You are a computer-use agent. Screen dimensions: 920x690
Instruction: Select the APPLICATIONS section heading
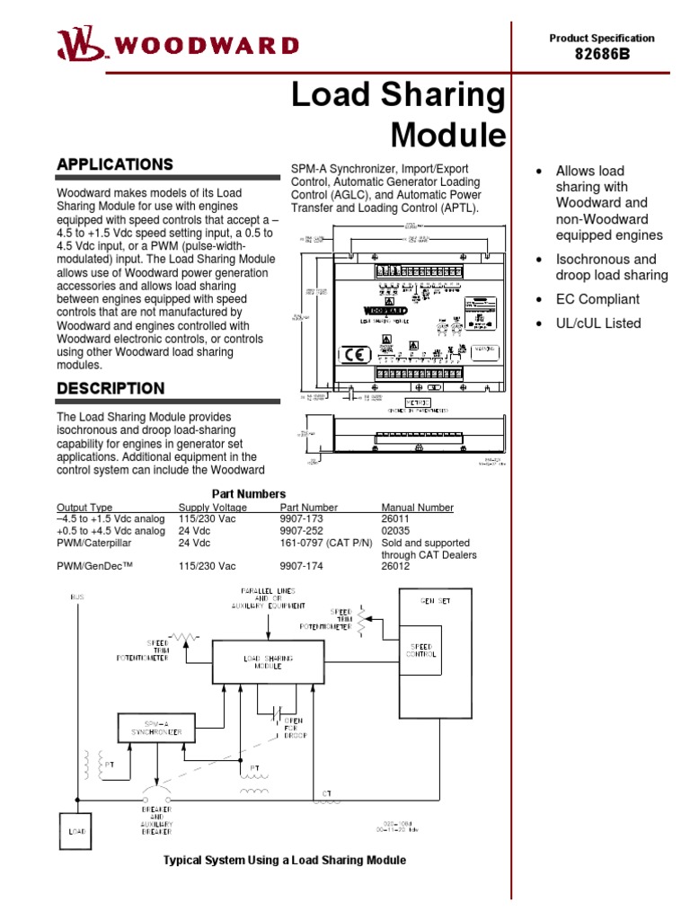[x=114, y=164]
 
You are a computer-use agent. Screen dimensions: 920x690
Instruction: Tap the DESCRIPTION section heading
[x=111, y=388]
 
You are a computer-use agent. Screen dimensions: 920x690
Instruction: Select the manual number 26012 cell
[x=397, y=566]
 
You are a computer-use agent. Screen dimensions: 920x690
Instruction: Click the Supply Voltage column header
[x=212, y=508]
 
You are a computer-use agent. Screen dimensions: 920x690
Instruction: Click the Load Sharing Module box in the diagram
[x=269, y=663]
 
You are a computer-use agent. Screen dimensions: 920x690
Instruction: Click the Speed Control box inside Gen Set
[x=421, y=650]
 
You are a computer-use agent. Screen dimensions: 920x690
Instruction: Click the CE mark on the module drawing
[x=353, y=353]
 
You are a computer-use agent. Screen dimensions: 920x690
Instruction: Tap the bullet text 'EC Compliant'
[x=597, y=299]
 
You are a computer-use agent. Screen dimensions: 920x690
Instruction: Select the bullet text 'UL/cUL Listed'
[x=598, y=323]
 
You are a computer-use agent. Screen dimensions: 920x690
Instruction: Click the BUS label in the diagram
[x=77, y=597]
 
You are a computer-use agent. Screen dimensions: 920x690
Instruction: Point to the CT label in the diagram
[x=327, y=793]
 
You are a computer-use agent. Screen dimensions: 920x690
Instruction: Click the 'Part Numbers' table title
[x=249, y=494]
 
